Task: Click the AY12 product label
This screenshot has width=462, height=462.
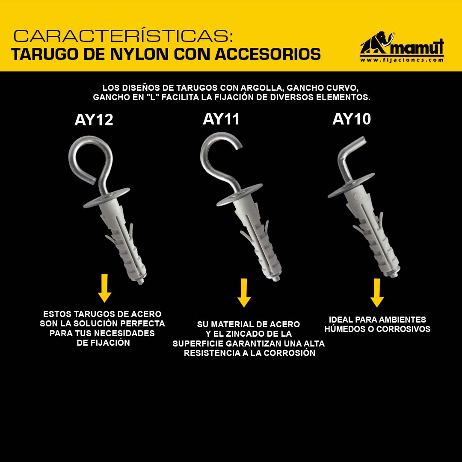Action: tap(94, 120)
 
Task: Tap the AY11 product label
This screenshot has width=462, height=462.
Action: tap(221, 119)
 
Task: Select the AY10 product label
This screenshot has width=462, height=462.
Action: tap(352, 119)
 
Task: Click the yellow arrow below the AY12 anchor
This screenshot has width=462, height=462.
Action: tap(105, 288)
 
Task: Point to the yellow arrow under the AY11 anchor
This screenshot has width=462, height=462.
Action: tap(244, 293)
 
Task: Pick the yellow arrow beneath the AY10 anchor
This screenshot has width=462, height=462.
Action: tap(377, 293)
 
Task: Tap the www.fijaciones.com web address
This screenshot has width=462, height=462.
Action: tap(402, 60)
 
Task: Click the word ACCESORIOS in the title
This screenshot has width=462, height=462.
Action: tap(268, 54)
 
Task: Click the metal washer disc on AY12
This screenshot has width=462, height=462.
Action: tap(107, 198)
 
